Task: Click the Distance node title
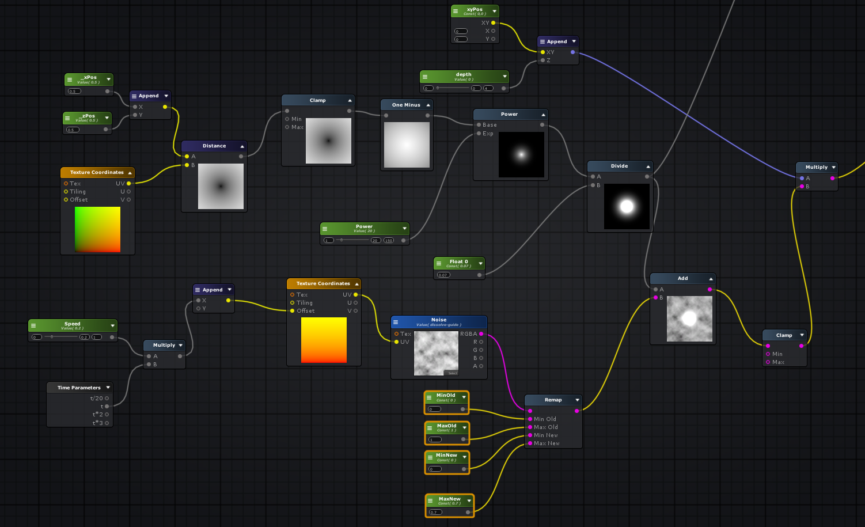214,146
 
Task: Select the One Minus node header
406,105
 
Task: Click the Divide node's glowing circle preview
627,206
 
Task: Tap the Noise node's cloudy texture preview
436,354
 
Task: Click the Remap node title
553,400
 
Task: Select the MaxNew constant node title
449,499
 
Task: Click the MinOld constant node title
446,396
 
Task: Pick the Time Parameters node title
79,388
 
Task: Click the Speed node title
73,324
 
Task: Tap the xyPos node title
475,10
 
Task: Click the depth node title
464,75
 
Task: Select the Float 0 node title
458,261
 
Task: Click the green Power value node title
364,227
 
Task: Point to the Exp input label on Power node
488,134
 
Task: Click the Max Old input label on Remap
545,427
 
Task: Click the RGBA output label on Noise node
468,334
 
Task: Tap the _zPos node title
88,116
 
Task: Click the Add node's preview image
689,319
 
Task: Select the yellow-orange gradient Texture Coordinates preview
324,340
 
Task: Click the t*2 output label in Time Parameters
97,415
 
